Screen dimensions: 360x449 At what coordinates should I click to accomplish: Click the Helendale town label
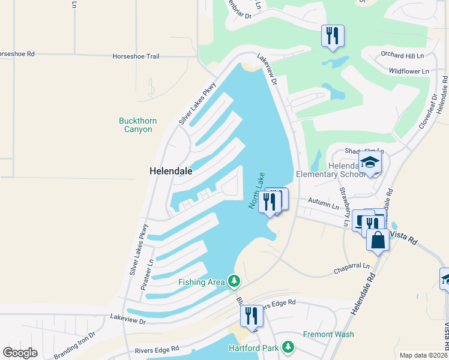(x=170, y=171)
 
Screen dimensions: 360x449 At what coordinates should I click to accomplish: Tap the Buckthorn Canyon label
(x=138, y=125)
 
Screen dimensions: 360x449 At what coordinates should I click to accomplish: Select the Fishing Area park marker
(x=234, y=281)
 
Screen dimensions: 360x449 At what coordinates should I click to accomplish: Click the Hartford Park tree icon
(x=289, y=347)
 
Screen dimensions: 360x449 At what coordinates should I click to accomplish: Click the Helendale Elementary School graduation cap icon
(x=370, y=163)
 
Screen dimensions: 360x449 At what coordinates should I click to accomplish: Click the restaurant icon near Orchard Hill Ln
(x=332, y=35)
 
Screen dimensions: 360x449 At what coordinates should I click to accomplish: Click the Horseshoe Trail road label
(x=136, y=56)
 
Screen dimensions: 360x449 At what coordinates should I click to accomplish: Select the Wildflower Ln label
(x=409, y=71)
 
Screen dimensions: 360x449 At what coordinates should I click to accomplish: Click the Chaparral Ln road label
(x=350, y=271)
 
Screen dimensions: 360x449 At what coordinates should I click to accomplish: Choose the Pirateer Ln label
(x=147, y=275)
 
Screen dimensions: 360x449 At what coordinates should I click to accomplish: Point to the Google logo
(x=20, y=352)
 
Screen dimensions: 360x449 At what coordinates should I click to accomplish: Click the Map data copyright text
(x=423, y=355)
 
